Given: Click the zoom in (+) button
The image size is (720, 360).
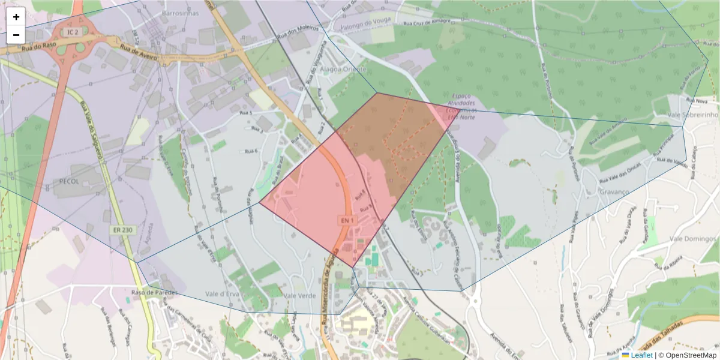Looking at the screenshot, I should tap(16, 17).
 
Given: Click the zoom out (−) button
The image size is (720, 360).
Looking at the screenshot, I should tap(16, 35).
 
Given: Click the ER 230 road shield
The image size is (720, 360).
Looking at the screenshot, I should tap(122, 230).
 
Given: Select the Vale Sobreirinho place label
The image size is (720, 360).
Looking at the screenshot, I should tap(694, 115).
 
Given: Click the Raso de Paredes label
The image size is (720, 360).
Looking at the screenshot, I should tap(152, 293).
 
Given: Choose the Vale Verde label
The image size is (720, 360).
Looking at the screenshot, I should tap(299, 295).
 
